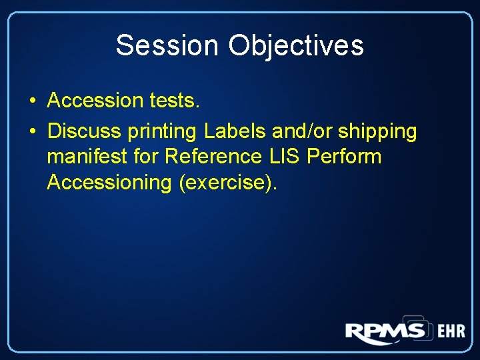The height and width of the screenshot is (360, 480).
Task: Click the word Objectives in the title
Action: (296, 45)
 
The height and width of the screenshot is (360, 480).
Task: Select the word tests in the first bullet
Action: (171, 101)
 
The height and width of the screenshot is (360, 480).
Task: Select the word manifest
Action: (89, 157)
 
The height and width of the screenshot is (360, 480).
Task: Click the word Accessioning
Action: (109, 182)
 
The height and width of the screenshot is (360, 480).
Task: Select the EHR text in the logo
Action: (451, 332)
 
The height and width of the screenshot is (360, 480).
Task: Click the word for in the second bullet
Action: (147, 157)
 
